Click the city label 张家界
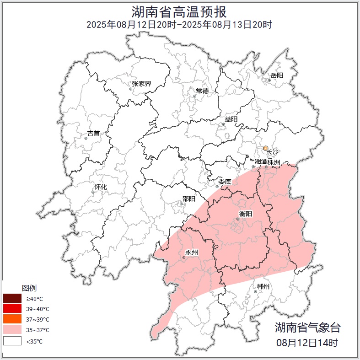[x=141, y=84]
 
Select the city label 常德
[x=202, y=91]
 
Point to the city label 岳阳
[x=277, y=75]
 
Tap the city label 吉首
[x=93, y=133]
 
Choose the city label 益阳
[x=231, y=119]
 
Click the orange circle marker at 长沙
[x=265, y=148]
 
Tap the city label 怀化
[x=101, y=187]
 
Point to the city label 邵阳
[x=188, y=199]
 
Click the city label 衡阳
[x=246, y=214]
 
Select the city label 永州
[x=192, y=253]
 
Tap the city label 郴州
[x=263, y=287]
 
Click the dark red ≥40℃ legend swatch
[x=12, y=299]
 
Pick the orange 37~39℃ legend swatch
[x=12, y=319]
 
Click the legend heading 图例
[x=29, y=288]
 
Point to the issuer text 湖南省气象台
[x=307, y=328]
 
